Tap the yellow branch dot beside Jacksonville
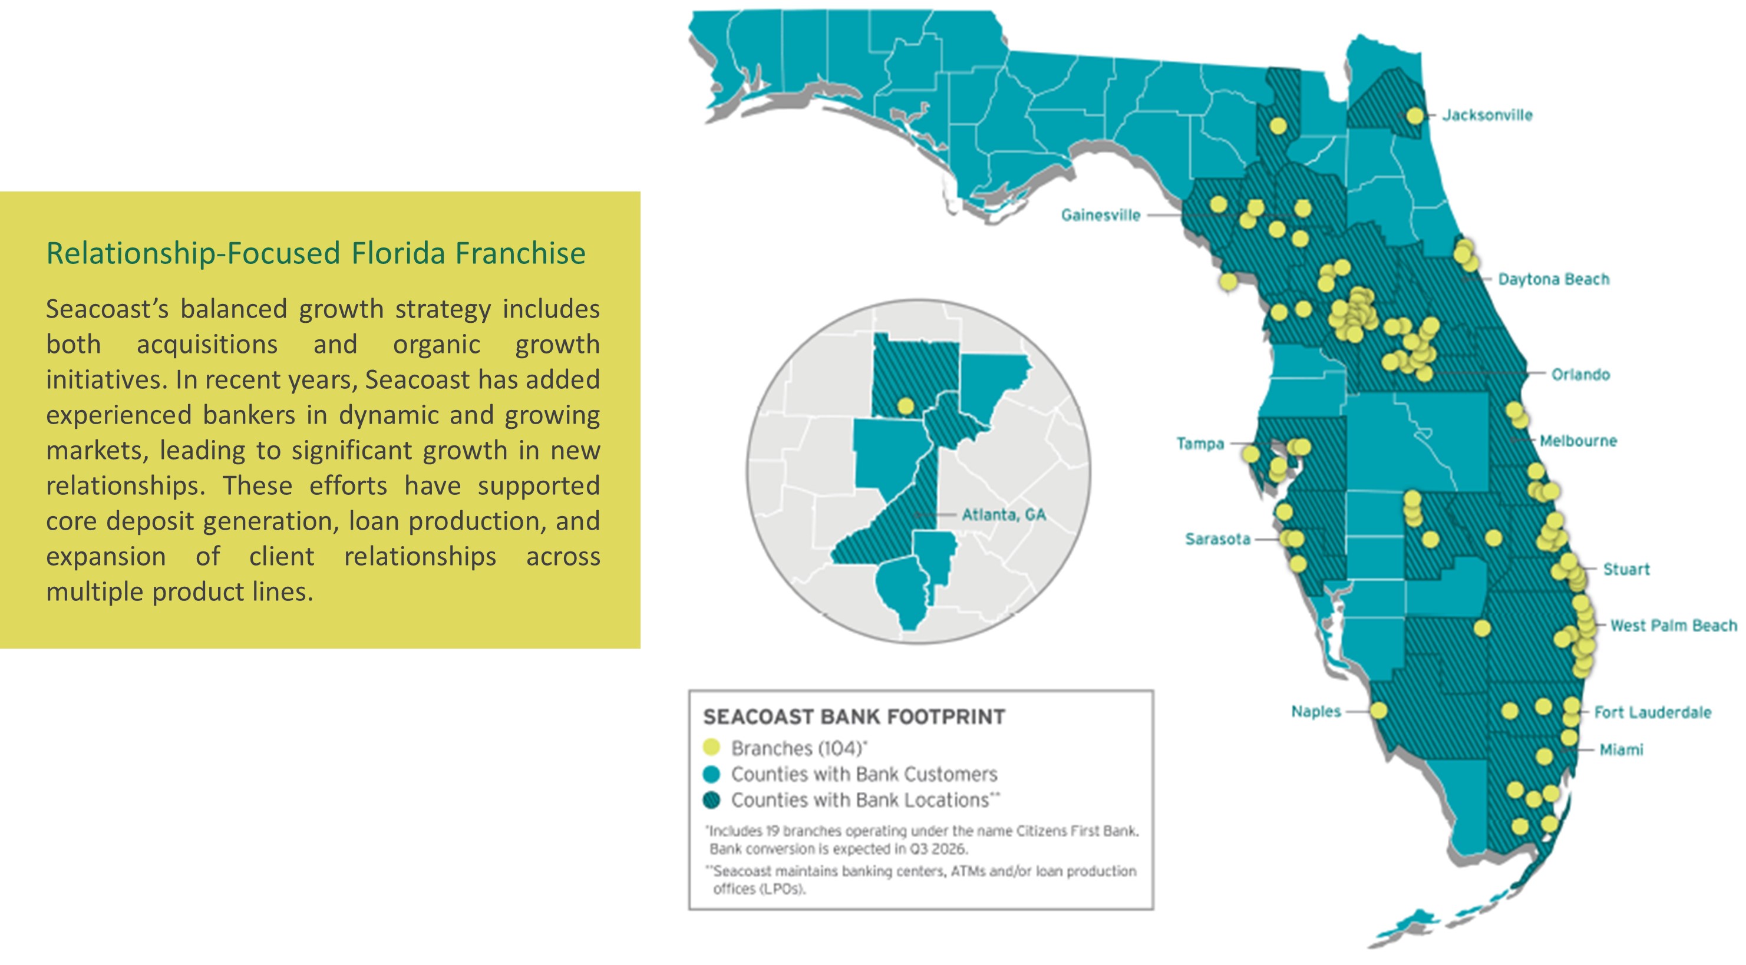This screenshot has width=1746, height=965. coord(1415,116)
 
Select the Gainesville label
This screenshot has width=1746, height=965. coord(1100,215)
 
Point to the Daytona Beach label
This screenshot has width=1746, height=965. coord(1553,279)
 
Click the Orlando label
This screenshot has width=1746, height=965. coord(1580,374)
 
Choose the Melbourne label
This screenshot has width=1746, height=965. coord(1578,441)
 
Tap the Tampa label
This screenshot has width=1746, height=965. coord(1200,444)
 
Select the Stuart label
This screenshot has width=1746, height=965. coord(1625,569)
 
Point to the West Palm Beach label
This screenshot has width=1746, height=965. coord(1673,626)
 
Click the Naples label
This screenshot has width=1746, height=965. coord(1316,712)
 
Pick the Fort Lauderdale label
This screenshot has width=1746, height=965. coord(1652,712)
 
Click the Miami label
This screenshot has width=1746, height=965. coord(1620,749)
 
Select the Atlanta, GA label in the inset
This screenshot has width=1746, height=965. coord(1003,515)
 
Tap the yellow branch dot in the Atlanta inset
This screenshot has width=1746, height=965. coord(905,406)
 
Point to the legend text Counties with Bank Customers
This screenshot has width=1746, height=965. coord(863,774)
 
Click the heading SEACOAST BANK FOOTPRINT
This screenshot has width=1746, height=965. coord(853,716)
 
